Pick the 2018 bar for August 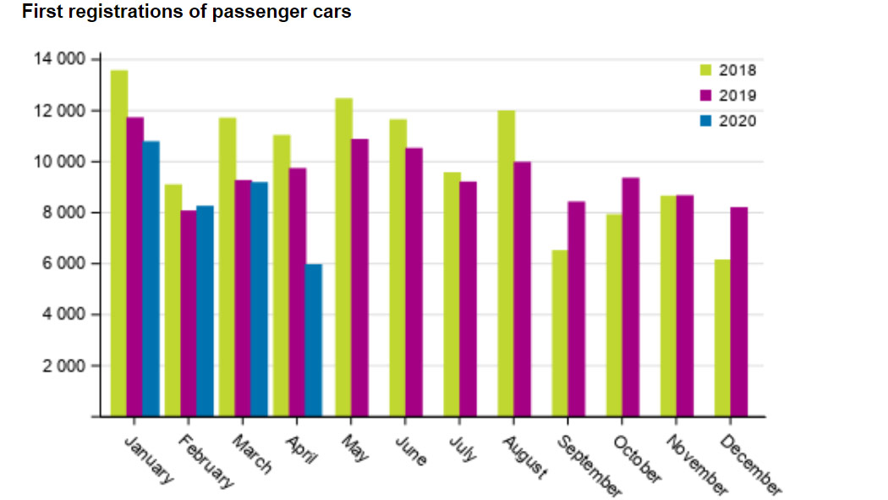coord(506,263)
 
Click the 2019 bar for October coord(630,297)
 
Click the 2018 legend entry coord(737,71)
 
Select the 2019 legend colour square coord(706,96)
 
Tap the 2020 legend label coord(737,121)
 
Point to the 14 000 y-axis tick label coord(60,59)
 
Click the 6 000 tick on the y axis coord(64,264)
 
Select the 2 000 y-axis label coord(64,366)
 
